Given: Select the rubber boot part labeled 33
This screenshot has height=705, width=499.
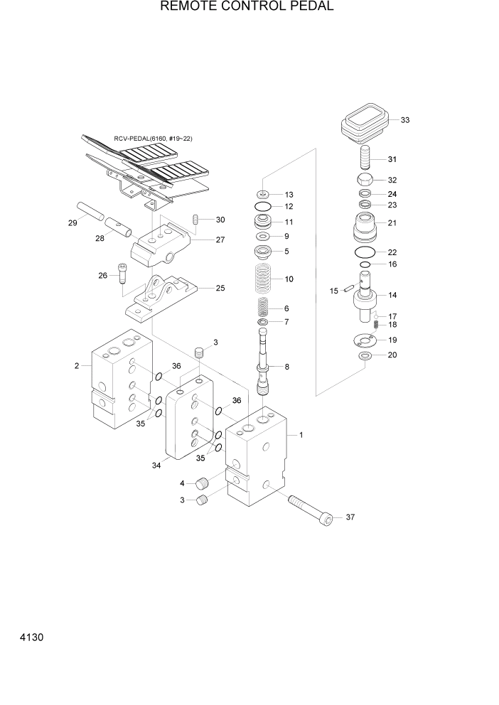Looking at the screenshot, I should [x=365, y=124].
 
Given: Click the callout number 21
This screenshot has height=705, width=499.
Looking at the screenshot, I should [x=392, y=222].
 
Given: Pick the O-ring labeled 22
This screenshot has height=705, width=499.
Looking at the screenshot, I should [x=365, y=252].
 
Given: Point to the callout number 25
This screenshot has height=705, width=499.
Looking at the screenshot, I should [x=220, y=289].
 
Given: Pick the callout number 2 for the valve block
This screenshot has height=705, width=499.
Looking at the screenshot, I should [x=76, y=366].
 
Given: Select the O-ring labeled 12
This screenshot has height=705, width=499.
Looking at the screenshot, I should [x=262, y=207].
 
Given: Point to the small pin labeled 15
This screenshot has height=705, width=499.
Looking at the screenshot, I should [x=348, y=289].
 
